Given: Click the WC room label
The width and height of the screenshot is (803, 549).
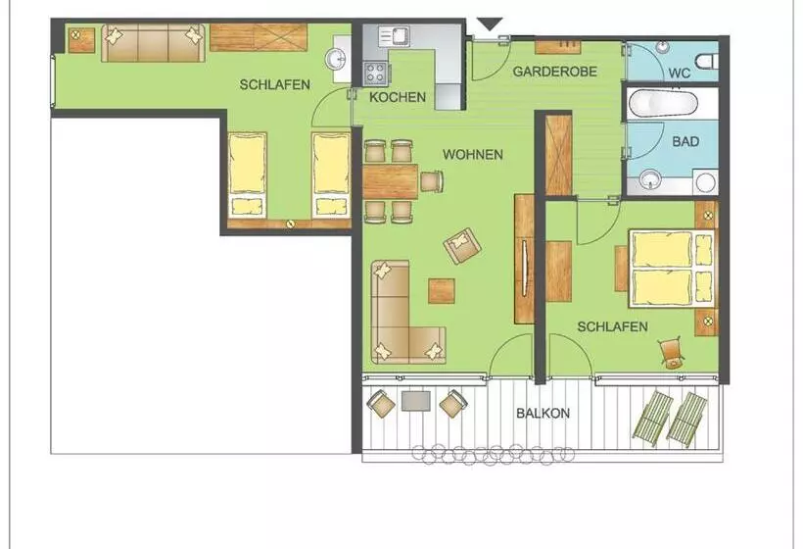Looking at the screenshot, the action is (679, 73).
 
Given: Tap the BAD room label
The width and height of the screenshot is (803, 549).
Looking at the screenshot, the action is (685, 141).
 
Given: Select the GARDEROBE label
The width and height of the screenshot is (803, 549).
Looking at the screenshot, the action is (555, 72).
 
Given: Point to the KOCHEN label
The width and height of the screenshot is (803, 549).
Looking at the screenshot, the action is (398, 97).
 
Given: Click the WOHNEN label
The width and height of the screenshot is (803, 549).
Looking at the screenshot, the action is (473, 154).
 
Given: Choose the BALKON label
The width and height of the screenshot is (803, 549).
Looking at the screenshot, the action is (543, 413).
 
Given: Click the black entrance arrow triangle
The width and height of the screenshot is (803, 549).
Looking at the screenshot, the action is (490, 25).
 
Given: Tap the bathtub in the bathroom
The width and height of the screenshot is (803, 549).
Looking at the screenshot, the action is (663, 104).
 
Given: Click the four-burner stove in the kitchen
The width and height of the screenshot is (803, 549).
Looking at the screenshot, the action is (375, 73).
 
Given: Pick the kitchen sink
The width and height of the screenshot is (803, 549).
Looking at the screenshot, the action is (394, 35).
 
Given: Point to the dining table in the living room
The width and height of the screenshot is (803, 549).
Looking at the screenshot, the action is (390, 181).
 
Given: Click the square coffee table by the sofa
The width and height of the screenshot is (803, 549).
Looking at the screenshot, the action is (442, 291).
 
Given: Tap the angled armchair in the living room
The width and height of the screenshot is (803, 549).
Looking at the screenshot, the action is (462, 245).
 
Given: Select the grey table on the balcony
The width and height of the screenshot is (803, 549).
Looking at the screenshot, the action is (416, 401).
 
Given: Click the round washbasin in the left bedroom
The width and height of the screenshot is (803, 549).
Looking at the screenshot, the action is (337, 59).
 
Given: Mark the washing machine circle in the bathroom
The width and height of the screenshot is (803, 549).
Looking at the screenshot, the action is (705, 182).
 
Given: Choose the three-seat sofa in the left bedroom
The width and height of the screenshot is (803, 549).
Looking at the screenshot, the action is (153, 43).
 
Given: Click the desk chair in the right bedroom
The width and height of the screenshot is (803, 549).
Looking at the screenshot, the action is (671, 353).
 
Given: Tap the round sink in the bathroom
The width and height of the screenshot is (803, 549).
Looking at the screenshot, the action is (650, 180).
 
